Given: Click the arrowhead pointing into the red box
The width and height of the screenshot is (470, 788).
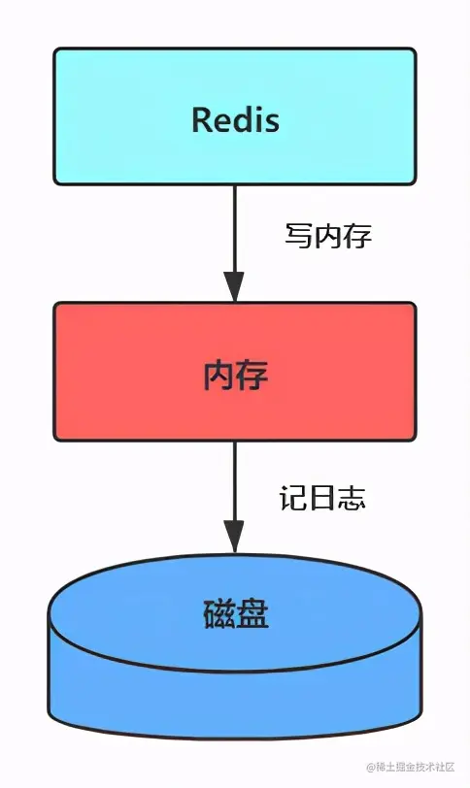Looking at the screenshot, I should [234, 286].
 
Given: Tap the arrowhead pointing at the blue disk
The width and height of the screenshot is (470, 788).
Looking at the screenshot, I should [234, 535].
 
